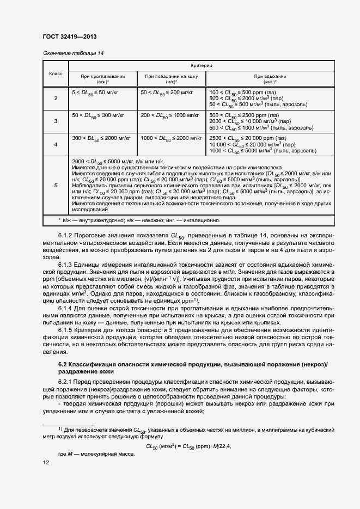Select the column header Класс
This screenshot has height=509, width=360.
[x=56, y=73]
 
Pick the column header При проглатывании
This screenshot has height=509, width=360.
[x=103, y=78]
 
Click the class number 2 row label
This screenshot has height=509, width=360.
[x=56, y=98]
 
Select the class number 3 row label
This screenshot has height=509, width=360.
[x=56, y=121]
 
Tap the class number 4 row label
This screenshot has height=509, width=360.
[x=56, y=144]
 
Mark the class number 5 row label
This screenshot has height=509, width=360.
[x=56, y=186]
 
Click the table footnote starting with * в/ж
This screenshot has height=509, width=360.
[x=139, y=220]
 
